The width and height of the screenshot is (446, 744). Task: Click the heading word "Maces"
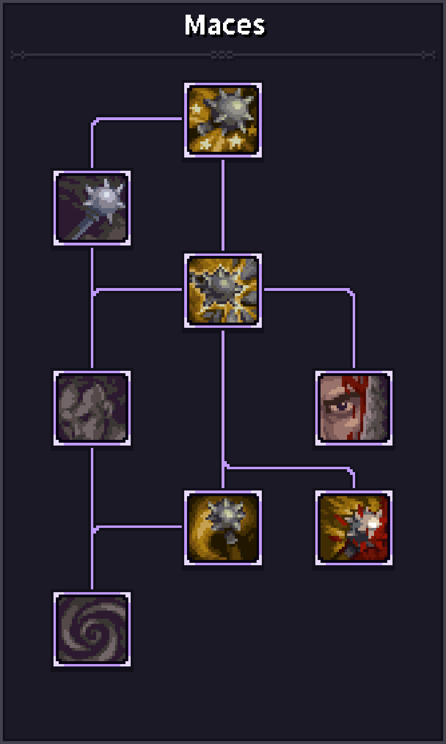tap(225, 25)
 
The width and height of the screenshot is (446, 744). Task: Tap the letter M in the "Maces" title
tap(195, 25)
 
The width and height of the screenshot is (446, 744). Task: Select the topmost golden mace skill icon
tap(223, 120)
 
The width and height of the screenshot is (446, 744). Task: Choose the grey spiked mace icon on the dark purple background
tap(92, 208)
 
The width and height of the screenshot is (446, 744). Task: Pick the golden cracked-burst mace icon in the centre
tap(223, 290)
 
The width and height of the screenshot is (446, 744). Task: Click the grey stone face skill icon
tap(92, 408)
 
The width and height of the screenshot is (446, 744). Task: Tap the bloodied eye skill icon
tap(354, 408)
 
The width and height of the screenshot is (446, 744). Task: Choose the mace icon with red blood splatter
tap(354, 528)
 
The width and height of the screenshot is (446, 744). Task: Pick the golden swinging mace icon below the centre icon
tap(223, 528)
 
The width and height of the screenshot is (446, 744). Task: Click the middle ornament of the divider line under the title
tap(223, 55)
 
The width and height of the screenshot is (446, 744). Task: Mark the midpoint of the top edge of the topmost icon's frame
tap(223, 83)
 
